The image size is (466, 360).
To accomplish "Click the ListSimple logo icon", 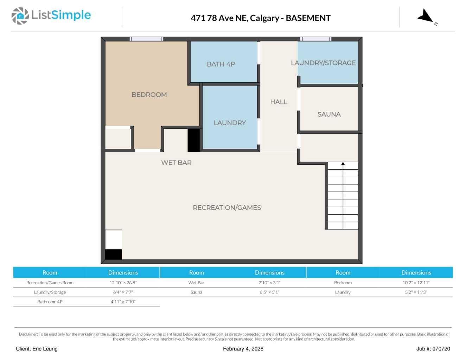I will pos(20,16).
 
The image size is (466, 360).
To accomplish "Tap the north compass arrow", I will pos(426,16).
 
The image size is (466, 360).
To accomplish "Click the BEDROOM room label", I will pos(149,95).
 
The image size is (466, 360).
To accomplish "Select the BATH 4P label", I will pos(221,64).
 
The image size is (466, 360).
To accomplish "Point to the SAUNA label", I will pos(329,114).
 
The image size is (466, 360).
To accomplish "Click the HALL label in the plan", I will pos(279,102).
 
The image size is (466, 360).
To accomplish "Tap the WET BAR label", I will pos(176,163).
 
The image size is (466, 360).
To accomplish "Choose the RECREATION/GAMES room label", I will pos(227,208).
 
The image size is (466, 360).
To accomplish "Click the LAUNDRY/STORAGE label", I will pos(323,63).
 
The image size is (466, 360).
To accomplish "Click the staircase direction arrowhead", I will pos(343,164).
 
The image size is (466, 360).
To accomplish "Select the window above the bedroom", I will pos(146,39).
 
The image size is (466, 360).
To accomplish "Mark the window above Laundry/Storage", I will pos(316,39).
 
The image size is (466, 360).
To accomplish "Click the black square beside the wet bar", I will pos(193,140).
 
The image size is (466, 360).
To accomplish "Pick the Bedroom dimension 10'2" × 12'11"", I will pos(416,283).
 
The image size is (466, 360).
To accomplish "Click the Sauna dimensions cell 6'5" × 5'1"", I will pos(269,292).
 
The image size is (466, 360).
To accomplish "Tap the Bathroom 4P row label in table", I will pos(50,302).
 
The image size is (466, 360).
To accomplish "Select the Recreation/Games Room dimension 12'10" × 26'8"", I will pos(123,283).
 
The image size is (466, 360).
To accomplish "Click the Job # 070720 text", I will pos(433,349).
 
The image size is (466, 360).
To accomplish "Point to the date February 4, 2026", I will pos(243,349).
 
